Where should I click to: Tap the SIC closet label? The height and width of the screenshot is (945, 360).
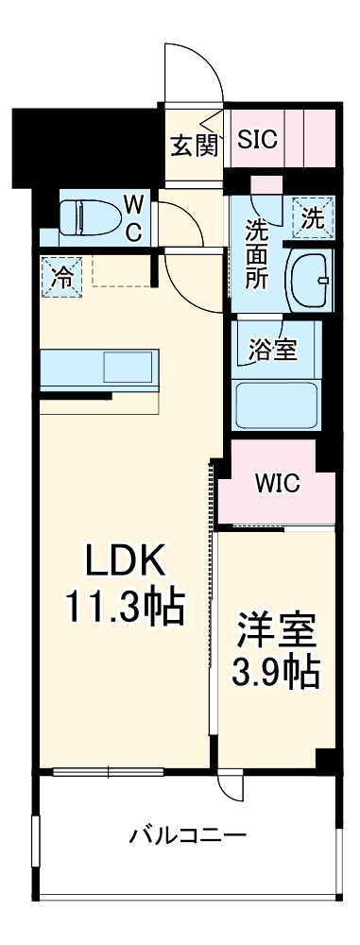[257, 140]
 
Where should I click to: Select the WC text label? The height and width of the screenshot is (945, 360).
[134, 218]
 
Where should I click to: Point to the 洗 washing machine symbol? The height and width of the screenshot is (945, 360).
[313, 217]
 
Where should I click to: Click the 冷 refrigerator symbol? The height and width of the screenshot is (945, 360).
[60, 277]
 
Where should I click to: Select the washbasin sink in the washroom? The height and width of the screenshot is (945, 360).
[308, 279]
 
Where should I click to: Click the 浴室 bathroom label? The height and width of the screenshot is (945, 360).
[273, 350]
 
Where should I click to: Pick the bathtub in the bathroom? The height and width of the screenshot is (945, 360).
[278, 405]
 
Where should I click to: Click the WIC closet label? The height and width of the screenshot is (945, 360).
[277, 485]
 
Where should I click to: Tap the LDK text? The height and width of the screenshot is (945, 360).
[127, 562]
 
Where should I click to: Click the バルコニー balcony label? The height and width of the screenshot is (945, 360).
[188, 835]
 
